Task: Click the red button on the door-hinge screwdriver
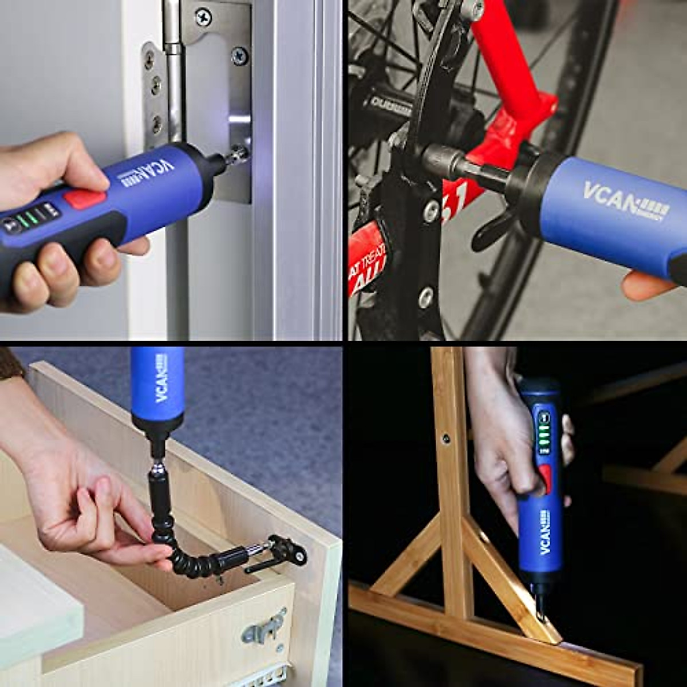click(x=85, y=199)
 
